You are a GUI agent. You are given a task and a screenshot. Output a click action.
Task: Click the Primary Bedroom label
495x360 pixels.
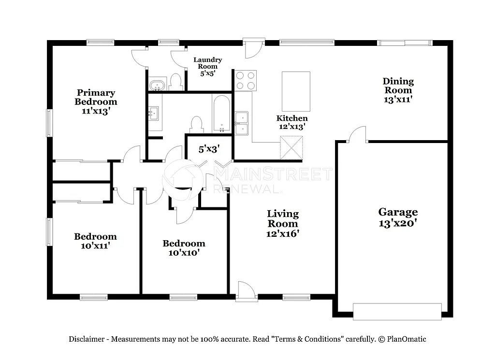pos(96,101)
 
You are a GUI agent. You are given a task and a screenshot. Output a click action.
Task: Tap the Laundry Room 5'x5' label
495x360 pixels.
pos(208,67)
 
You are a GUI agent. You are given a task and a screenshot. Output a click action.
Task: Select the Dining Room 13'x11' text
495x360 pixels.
pos(398,90)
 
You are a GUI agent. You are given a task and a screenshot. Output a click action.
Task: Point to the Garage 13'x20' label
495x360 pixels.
pos(398,217)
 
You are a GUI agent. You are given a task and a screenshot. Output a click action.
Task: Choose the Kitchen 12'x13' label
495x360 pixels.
pos(292,122)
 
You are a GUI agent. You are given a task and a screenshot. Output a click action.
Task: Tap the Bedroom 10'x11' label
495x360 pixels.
pos(95,241)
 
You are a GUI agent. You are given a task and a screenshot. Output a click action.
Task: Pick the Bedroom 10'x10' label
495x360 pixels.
pos(184,247)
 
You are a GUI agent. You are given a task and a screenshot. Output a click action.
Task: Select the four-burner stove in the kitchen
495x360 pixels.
pos(245,80)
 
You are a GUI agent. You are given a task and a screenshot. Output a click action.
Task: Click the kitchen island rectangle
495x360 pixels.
pos(296,91)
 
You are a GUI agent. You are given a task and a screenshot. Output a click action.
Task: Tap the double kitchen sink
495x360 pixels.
pos(241,123)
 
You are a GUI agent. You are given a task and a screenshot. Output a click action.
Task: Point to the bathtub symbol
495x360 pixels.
pos(222,114)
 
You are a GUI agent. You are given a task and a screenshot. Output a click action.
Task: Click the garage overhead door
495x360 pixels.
pos(397,311)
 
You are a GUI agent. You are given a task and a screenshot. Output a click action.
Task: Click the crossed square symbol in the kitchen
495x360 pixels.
pos(291,147)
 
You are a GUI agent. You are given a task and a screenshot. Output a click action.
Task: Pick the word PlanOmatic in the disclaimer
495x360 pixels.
pos(406,339)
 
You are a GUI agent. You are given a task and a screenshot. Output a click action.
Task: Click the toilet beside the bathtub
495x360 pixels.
pos(196,124)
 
